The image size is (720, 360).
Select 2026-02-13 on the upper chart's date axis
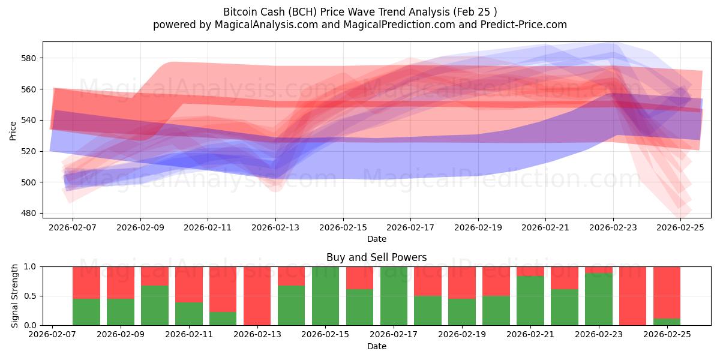pos(275,228)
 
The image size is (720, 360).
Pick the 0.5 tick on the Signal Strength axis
pos(31,296)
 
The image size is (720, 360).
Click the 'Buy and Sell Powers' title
pos(376,257)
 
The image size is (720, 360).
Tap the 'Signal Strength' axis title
pos(14,296)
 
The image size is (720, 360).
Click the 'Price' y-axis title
pos(13,130)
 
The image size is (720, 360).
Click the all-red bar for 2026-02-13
pos(257,296)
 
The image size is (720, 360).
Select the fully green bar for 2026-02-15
pos(326,296)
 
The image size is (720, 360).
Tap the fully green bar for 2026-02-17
pos(394,296)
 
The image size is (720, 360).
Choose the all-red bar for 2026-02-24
pos(633,296)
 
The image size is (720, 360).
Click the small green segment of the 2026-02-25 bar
pos(667,322)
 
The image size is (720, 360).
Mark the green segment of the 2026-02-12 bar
pos(223,319)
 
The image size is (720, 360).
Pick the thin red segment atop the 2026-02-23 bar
pos(599,269)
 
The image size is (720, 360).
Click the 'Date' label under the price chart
pos(376,239)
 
